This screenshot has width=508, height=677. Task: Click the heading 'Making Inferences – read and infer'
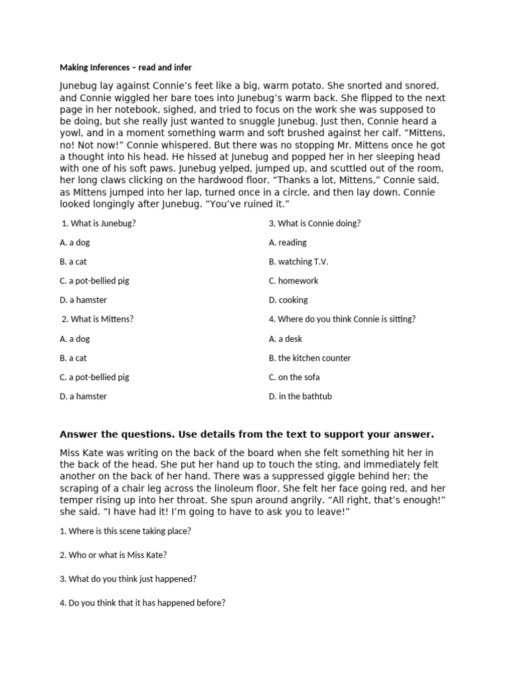click(126, 67)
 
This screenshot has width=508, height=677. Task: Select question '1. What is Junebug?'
click(99, 223)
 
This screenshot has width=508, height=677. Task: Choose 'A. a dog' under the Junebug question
click(75, 243)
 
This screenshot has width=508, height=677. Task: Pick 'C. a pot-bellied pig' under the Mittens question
click(95, 378)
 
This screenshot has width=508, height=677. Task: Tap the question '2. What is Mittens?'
click(97, 319)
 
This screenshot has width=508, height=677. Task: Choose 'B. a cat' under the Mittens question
click(73, 358)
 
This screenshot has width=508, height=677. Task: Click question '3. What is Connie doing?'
click(315, 223)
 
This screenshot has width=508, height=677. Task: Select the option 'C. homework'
click(294, 281)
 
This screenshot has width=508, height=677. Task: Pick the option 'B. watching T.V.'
click(298, 262)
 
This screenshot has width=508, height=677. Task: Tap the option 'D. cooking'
click(288, 300)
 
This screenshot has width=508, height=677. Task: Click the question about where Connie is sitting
click(342, 319)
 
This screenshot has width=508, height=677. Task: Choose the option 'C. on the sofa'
click(294, 378)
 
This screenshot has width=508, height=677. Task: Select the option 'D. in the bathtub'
click(300, 397)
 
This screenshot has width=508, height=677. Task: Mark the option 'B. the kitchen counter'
click(310, 358)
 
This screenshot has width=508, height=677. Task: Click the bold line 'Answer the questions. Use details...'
click(247, 434)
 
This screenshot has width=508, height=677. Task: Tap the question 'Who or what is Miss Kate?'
click(118, 555)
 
